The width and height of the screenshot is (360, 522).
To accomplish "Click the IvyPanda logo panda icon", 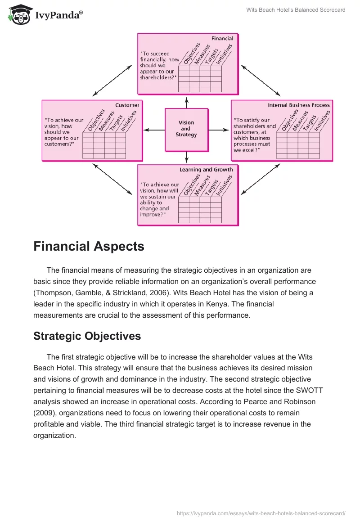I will [18, 15].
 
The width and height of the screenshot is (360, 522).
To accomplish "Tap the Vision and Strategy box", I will [186, 129].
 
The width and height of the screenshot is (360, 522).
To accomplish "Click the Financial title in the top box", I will [222, 39].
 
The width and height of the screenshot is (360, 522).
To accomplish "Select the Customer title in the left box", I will [127, 105].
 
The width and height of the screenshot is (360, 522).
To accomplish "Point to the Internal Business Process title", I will [299, 105].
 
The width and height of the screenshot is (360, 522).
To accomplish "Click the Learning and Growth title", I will [206, 170].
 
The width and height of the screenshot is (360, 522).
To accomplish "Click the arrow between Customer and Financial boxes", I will [112, 80].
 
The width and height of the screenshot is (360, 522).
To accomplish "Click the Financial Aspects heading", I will [89, 247].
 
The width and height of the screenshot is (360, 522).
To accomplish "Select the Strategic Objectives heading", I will [87, 336].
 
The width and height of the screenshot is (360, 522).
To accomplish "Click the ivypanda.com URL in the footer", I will [261, 513].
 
